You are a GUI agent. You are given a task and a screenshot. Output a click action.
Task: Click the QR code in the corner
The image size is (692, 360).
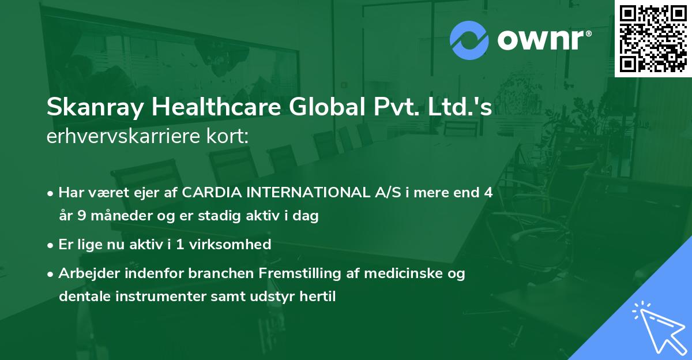coord(653,38)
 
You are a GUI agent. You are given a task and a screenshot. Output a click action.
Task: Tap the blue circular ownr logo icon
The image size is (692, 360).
coord(469,40)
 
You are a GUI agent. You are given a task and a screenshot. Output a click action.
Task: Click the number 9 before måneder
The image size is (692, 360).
coord(84,217)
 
